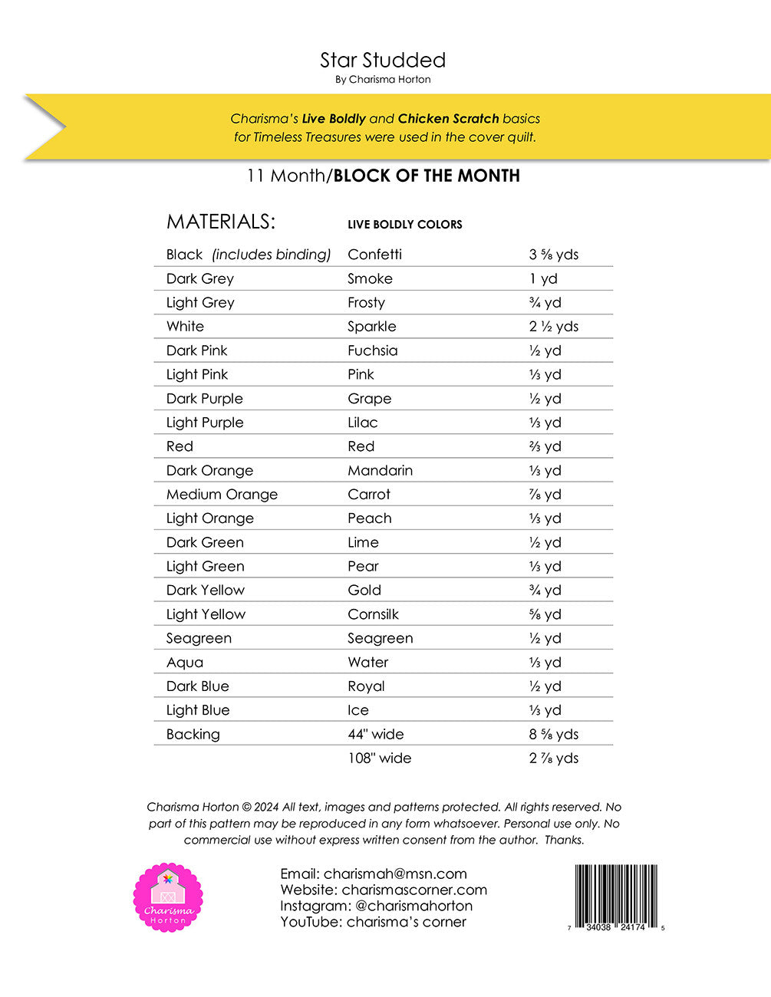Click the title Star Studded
(x=383, y=61)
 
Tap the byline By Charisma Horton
(x=383, y=80)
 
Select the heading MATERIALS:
(x=221, y=222)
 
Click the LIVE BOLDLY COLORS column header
(x=405, y=225)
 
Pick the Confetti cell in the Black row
(x=374, y=255)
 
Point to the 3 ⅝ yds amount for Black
(x=553, y=255)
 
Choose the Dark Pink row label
(x=197, y=350)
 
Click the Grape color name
(x=369, y=399)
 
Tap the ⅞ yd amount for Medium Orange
(x=545, y=495)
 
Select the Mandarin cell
(x=380, y=471)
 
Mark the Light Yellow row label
(x=206, y=614)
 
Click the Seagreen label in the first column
(x=199, y=638)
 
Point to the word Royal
(x=366, y=686)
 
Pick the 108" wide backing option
(x=379, y=758)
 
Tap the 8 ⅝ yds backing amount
(x=553, y=734)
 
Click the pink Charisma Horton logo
(x=168, y=897)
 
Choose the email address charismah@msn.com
(x=395, y=874)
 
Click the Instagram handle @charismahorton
(x=414, y=906)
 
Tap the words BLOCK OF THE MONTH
(x=427, y=176)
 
